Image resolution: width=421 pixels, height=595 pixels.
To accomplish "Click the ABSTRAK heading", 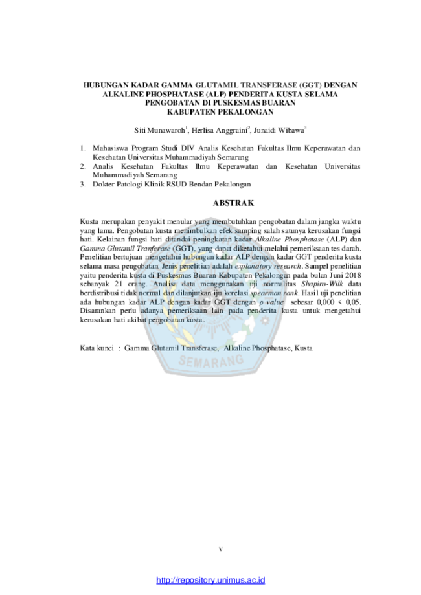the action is (233, 203).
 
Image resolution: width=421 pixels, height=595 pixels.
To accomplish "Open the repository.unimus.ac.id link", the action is (210, 580).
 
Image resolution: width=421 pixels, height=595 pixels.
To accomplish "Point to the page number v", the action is (221, 548).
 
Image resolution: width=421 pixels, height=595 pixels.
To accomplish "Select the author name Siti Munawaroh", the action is (159, 131).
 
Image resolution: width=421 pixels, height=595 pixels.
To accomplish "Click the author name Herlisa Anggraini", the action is (220, 131).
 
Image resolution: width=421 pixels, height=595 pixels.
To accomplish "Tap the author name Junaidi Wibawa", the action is (279, 131).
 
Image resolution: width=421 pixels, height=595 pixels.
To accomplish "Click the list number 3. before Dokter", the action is (83, 185).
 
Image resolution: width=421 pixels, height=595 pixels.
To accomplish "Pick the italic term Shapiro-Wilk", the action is (322, 284).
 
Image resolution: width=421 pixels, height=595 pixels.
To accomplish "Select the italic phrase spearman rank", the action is (274, 293).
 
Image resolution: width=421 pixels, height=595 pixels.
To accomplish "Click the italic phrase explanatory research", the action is (267, 266).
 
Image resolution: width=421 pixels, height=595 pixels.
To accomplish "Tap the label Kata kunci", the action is (97, 348).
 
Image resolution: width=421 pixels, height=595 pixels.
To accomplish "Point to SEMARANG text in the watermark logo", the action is (210, 361).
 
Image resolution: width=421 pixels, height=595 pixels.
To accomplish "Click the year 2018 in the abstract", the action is (353, 275).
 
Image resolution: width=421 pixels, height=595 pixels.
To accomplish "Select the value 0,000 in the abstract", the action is (325, 302).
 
